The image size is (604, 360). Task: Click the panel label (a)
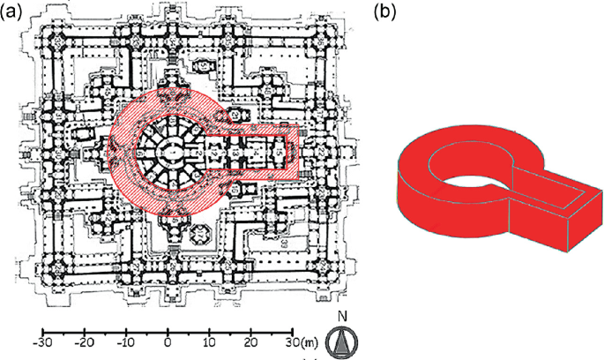pyautogui.click(x=19, y=11)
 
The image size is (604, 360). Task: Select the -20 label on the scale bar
pyautogui.click(x=84, y=341)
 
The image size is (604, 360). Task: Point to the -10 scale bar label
pyautogui.click(x=126, y=341)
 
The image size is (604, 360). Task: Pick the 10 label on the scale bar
pyautogui.click(x=209, y=341)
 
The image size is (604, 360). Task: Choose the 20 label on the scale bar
pyautogui.click(x=251, y=341)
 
